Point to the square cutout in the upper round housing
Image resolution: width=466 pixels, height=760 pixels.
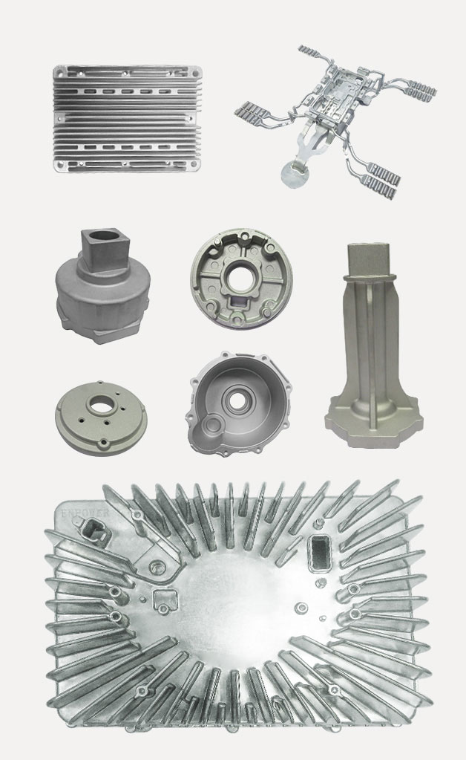pos(241,304)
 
